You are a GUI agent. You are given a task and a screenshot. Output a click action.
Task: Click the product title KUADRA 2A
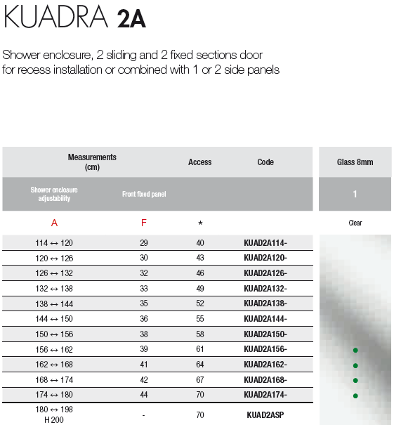(x=75, y=18)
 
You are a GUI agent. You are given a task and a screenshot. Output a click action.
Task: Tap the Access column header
(x=200, y=162)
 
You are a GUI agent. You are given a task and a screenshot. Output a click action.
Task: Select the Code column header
(x=265, y=162)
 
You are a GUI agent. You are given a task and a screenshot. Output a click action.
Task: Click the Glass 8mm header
(x=355, y=162)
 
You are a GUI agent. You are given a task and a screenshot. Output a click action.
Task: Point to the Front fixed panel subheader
(x=144, y=194)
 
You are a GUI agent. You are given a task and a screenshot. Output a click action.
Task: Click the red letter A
(x=54, y=223)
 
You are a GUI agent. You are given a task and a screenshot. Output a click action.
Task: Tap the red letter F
(x=144, y=223)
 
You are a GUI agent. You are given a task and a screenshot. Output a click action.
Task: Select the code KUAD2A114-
(x=265, y=243)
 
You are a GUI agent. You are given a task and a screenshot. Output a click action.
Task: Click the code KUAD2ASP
(x=265, y=415)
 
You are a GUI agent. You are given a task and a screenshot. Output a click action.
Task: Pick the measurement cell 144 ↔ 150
(x=54, y=319)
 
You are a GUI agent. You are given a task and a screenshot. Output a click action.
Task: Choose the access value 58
(x=200, y=334)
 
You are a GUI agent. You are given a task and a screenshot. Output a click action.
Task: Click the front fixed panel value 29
(x=144, y=243)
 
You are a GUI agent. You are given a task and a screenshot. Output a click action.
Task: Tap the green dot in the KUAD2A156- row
(x=355, y=350)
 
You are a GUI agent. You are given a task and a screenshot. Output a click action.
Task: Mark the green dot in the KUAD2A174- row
(x=355, y=395)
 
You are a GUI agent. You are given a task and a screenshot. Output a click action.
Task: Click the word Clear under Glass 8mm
(x=355, y=223)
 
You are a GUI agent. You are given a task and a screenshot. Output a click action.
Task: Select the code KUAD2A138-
(x=265, y=304)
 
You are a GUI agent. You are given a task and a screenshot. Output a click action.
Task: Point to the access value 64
(x=200, y=365)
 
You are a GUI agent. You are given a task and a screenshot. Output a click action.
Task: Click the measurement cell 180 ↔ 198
(x=54, y=409)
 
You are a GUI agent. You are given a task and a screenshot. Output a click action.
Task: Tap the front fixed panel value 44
(x=144, y=395)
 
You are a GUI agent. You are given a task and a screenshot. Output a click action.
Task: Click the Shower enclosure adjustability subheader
(x=54, y=194)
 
